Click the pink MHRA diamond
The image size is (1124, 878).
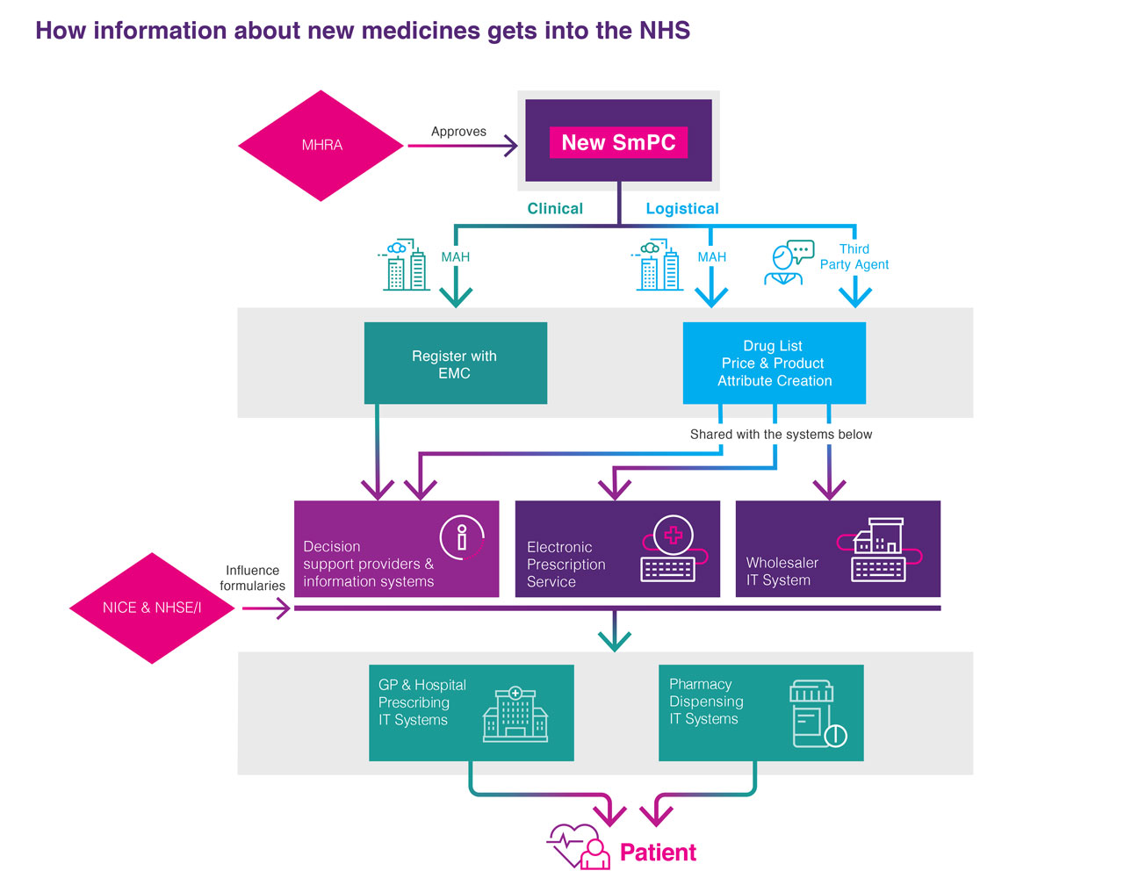[x=321, y=146]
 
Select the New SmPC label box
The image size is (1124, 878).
[x=618, y=142]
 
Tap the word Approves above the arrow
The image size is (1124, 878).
[x=458, y=132]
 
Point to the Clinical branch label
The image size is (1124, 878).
[x=555, y=209]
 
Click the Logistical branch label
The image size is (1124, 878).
[x=682, y=209]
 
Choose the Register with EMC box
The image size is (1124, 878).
[x=455, y=363]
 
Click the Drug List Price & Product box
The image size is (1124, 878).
[x=774, y=363]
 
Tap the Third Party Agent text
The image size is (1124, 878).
[x=854, y=257]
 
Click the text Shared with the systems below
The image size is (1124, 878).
[x=781, y=435]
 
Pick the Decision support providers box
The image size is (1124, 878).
[x=396, y=550]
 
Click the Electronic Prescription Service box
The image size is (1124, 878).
[x=617, y=550]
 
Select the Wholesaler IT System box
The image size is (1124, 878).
[x=838, y=550]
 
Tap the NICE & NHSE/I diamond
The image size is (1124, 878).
[x=152, y=608]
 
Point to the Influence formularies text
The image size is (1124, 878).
[x=253, y=578]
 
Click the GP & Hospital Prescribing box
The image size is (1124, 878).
[x=471, y=713]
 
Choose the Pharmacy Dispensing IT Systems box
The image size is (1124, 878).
[x=760, y=713]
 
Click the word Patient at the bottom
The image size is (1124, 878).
[x=658, y=853]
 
